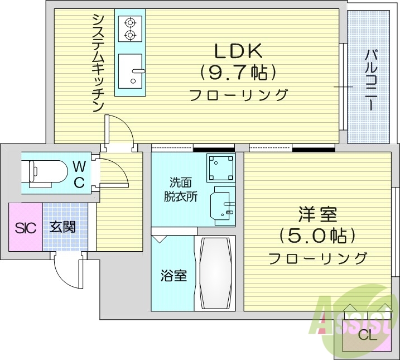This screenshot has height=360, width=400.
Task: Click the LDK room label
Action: click(239, 51)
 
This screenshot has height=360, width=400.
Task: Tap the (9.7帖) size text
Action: click(239, 73)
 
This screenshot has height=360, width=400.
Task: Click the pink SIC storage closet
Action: click(25, 227)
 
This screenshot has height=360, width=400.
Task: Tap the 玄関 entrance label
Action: click(62, 227)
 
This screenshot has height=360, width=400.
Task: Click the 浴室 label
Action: click(174, 275)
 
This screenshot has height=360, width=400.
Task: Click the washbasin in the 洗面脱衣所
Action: click(222, 207)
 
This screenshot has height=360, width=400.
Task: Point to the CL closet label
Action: click(367, 334)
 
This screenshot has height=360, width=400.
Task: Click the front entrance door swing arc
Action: click(66, 272)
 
